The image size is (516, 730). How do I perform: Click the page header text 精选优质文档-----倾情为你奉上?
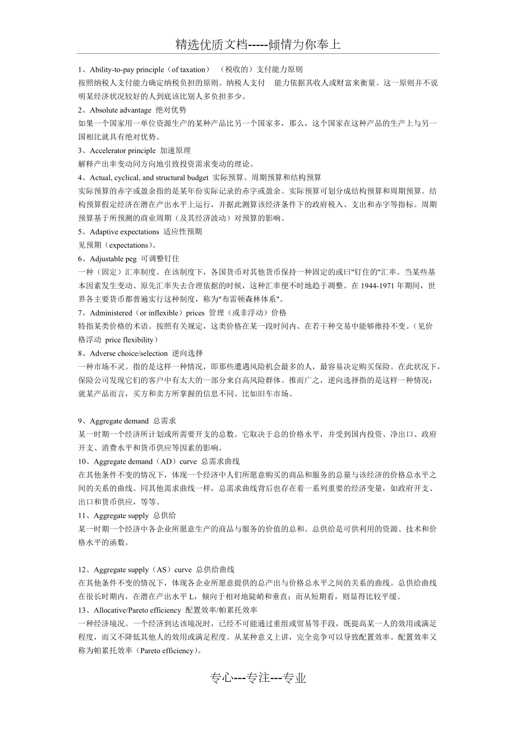[x=258, y=45]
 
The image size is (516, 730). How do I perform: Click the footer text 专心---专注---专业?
[x=258, y=678]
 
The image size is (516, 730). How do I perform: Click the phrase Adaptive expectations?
[x=125, y=232]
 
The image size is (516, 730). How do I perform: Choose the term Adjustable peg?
[x=113, y=258]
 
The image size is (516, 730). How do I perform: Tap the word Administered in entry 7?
[x=110, y=312]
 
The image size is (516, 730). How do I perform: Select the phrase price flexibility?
[x=130, y=340]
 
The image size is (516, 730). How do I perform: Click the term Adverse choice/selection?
[x=129, y=353]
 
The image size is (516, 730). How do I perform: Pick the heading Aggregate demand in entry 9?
[x=119, y=421]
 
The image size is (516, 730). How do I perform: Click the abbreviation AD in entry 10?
[x=164, y=461]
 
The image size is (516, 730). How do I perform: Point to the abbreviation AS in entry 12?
[x=161, y=569]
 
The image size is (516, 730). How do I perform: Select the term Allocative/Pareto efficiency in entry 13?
[x=137, y=609]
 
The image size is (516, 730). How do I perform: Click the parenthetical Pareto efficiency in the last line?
[x=168, y=650]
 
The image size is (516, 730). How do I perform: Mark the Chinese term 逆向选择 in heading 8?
[x=187, y=353]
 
